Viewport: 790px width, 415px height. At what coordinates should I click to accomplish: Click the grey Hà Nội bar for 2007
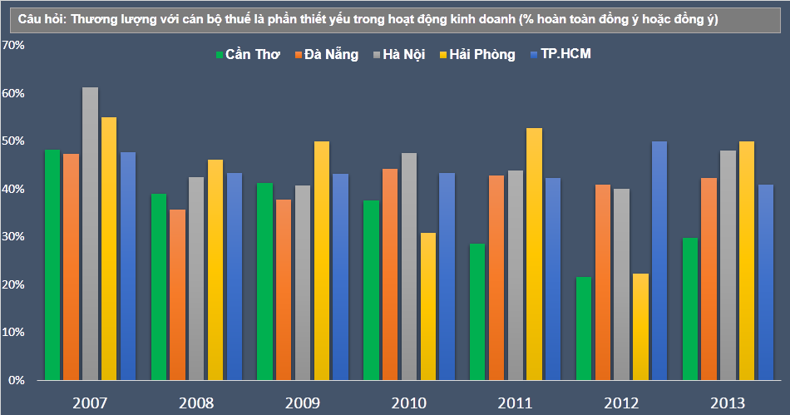tap(90, 234)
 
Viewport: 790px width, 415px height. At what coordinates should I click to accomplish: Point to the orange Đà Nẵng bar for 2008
tap(177, 294)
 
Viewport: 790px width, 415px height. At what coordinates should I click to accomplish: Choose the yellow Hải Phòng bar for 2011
tap(534, 254)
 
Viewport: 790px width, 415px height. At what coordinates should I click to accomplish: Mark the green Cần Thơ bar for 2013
tap(689, 309)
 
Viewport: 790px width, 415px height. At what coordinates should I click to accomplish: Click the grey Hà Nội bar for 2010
tap(408, 266)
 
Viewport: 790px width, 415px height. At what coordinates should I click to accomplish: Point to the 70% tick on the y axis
tap(14, 46)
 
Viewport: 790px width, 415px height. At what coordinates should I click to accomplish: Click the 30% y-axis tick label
tap(14, 237)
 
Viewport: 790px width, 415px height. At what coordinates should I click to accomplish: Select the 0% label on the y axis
tap(17, 380)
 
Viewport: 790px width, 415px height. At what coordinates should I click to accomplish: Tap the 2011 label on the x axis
tap(516, 403)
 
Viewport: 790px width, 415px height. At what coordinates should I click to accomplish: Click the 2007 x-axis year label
tap(90, 403)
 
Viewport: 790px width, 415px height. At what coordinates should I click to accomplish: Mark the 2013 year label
tap(728, 403)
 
